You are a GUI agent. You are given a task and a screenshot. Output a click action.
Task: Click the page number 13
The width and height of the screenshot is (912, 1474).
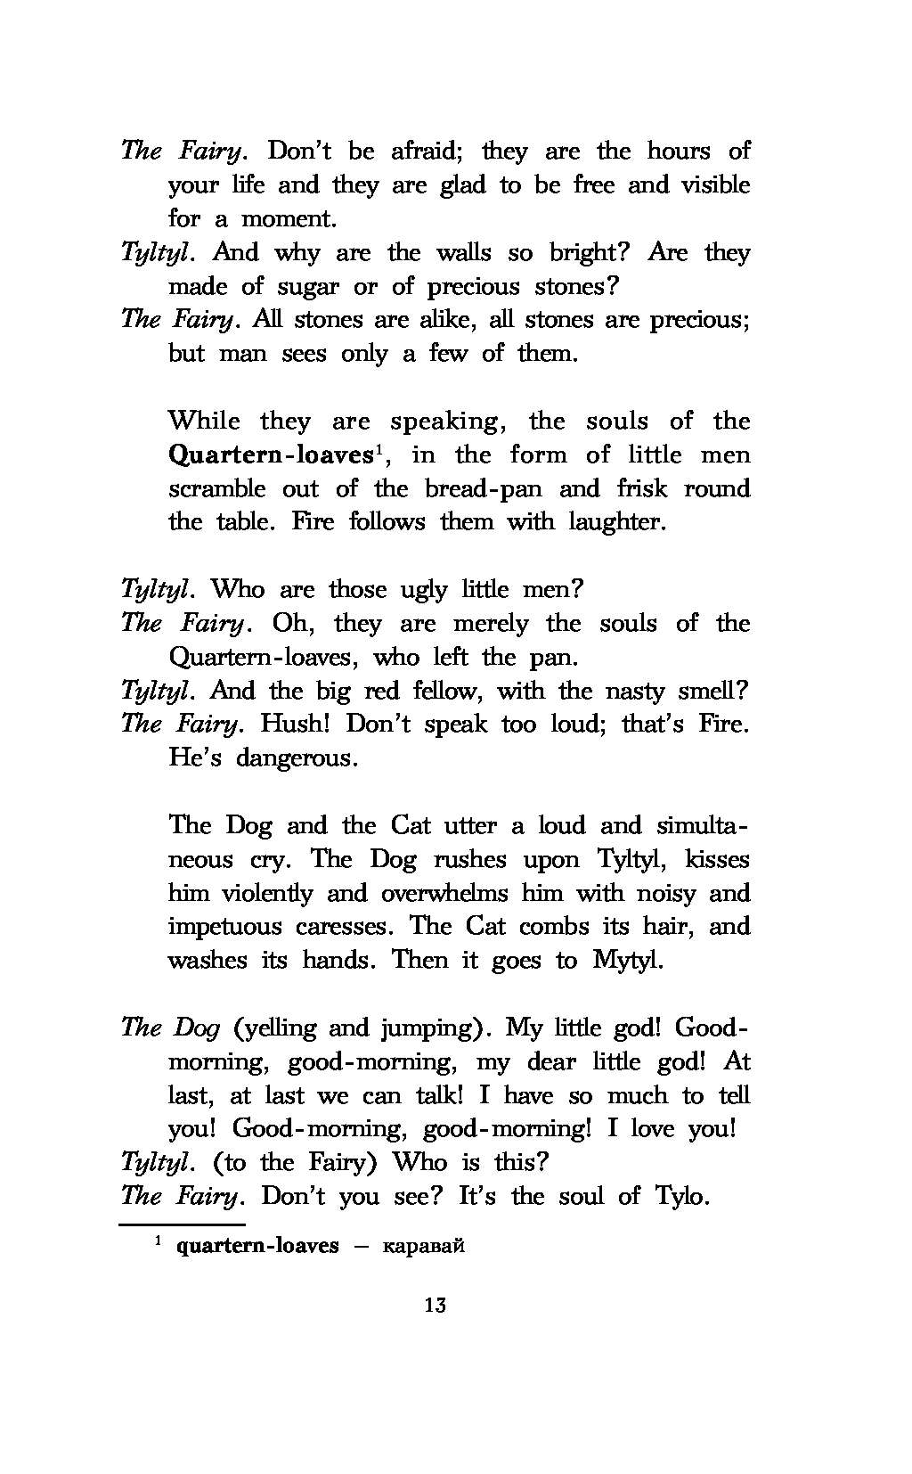coord(436,1306)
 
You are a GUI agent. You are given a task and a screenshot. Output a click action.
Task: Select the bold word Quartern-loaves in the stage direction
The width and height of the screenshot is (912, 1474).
coord(270,455)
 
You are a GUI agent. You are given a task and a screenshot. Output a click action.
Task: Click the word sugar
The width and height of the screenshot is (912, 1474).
coord(292,287)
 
